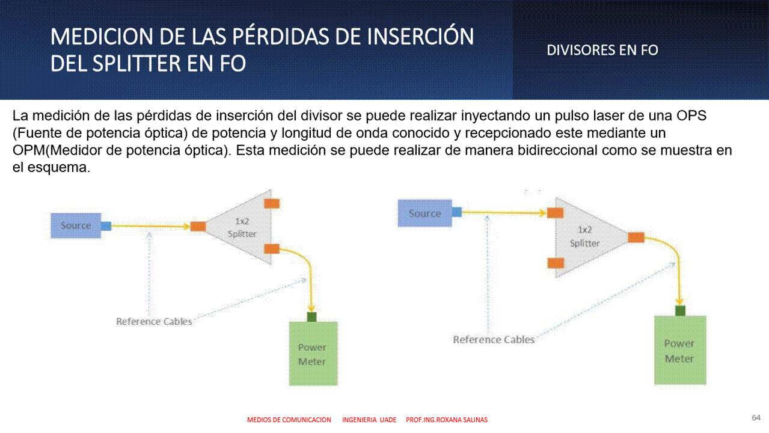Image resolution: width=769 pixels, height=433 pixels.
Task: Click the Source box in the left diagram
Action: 76,226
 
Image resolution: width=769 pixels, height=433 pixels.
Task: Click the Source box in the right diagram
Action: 424,213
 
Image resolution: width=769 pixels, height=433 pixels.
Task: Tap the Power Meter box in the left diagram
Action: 313,354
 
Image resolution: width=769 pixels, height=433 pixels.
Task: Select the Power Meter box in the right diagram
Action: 680,350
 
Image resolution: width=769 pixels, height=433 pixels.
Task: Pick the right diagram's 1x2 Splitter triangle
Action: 586,237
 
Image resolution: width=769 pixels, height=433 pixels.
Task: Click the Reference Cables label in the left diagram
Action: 154,321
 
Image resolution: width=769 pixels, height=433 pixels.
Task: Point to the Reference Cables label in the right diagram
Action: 494,340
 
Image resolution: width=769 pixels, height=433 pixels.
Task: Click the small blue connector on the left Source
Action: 106,226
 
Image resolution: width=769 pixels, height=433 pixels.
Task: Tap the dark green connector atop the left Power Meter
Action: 311,316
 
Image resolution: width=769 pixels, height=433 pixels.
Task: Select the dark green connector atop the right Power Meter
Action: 680,311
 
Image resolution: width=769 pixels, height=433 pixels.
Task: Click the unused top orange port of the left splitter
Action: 272,204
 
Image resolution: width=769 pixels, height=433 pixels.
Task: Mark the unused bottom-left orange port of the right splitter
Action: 556,263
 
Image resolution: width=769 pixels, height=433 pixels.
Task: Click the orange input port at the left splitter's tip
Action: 198,226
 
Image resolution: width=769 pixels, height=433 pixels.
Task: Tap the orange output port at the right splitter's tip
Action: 636,238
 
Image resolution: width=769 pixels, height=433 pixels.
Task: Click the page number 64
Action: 756,417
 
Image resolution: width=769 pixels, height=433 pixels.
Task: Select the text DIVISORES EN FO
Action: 602,50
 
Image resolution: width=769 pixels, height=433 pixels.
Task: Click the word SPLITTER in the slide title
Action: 136,63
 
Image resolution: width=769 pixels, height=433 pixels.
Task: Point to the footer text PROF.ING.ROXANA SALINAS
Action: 447,420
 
